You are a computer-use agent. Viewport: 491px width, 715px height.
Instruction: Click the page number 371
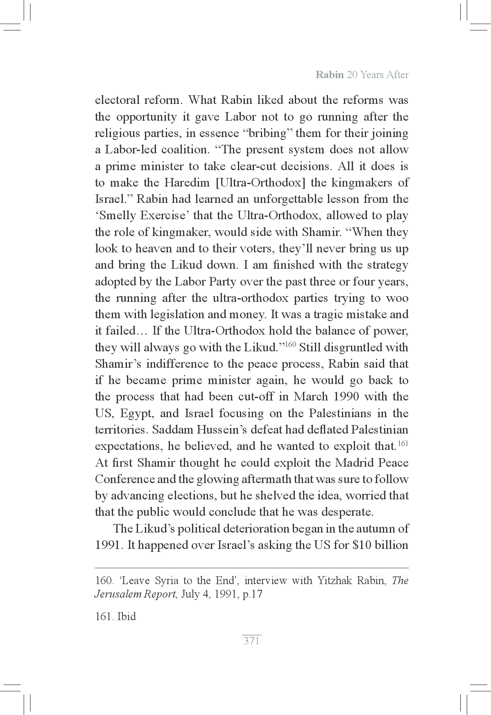point(251,641)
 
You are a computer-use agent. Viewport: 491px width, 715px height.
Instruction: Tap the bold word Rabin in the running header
point(329,75)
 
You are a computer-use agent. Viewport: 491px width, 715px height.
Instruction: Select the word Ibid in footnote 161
point(127,616)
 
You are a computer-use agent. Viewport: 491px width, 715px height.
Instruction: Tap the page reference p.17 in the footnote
point(252,594)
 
